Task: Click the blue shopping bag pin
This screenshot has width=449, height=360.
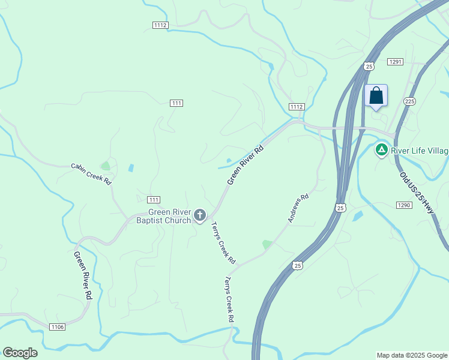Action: tap(376, 96)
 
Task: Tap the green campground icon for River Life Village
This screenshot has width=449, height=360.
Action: tap(381, 149)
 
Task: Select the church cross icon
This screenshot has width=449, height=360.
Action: tap(200, 215)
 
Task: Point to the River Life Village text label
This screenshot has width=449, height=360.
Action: tap(420, 151)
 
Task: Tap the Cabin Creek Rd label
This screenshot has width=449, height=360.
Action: tap(91, 173)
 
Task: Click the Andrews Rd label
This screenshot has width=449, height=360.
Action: tap(298, 208)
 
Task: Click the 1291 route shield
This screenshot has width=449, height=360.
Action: tap(395, 62)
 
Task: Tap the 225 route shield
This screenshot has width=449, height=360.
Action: tap(409, 101)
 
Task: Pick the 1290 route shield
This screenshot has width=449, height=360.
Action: tap(403, 205)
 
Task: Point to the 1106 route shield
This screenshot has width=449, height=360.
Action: tap(57, 326)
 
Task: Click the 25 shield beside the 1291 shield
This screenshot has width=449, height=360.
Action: tap(369, 65)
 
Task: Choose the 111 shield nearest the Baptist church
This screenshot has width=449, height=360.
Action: tap(154, 200)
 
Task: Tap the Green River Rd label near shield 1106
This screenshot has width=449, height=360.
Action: tap(83, 275)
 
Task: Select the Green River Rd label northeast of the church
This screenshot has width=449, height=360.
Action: tap(246, 164)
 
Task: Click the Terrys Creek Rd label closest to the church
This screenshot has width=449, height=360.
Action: tap(223, 243)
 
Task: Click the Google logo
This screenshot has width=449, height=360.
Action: tap(20, 353)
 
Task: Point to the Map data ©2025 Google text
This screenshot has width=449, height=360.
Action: tap(412, 355)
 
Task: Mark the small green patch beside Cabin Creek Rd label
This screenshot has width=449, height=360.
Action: tap(106, 166)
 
